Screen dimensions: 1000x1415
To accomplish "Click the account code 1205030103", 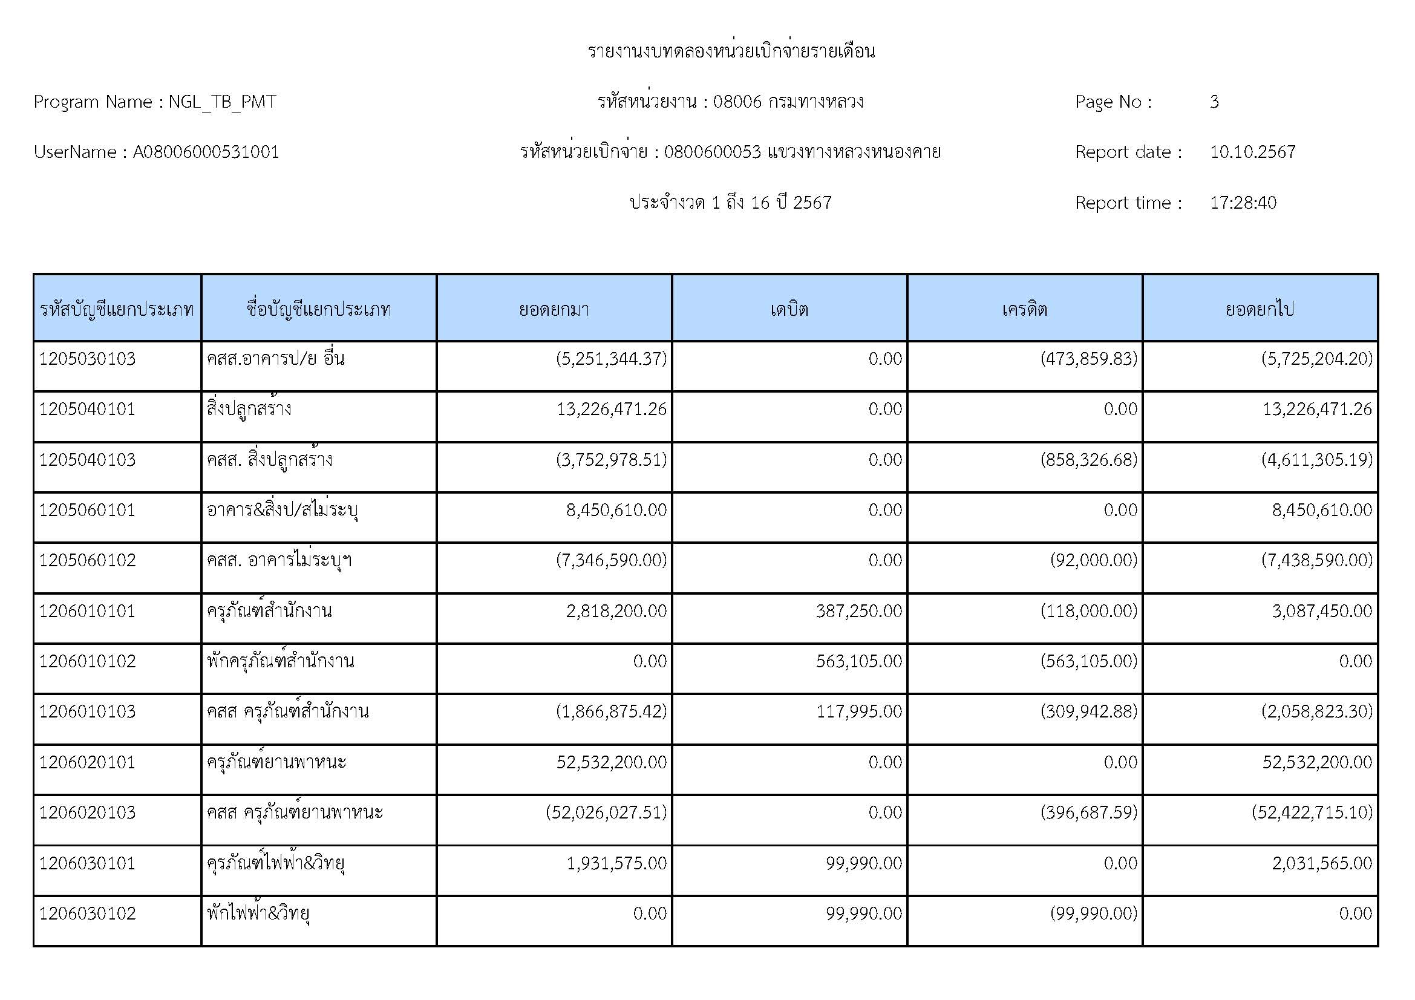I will pos(88,359).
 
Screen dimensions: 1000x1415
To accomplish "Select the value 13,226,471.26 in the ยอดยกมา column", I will pos(612,409).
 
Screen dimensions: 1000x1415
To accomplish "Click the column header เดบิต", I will pos(789,309).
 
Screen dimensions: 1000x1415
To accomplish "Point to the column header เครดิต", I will pos(1024,309).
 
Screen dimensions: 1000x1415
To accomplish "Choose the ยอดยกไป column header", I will pos(1260,309).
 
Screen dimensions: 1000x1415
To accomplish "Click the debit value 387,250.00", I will pos(858,611).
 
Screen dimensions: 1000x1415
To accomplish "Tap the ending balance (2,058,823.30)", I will pos(1316,711).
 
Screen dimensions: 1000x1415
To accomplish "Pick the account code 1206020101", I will pos(88,762).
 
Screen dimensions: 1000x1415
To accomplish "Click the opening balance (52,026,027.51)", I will pos(606,812).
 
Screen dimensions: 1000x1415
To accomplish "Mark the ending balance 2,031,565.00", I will pos(1322,863).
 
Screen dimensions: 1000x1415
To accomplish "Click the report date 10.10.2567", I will pos(1252,152).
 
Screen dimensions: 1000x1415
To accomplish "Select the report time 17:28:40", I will pos(1243,203).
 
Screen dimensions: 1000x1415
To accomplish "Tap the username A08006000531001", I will pos(206,152).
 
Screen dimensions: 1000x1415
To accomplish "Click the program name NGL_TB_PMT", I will pos(222,102).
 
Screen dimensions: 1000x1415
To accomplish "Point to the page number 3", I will pos(1214,102).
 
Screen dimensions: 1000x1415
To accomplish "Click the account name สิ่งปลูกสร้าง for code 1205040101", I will pos(249,409).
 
